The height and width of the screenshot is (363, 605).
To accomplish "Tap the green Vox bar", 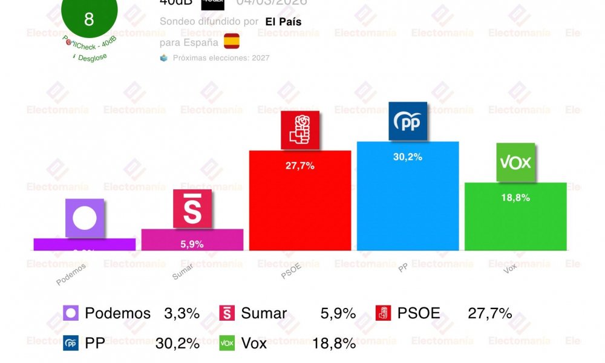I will click(515, 221).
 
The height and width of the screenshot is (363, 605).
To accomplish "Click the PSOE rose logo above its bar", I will click(300, 130).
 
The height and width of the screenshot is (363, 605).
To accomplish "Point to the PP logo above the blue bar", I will click(408, 122).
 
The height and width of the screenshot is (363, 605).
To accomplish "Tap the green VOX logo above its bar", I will click(515, 162).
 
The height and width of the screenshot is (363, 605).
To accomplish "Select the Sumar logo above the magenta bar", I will click(192, 209).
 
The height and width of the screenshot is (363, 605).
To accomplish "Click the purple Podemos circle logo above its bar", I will click(85, 218).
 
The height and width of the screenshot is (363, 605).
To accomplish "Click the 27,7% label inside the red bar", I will click(300, 166).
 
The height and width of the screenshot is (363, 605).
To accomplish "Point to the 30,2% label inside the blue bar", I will click(408, 157).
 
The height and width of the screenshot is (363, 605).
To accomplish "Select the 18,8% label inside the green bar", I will click(515, 198).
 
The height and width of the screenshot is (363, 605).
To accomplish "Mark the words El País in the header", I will click(284, 22).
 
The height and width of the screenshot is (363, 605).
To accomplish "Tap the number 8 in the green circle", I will click(89, 19).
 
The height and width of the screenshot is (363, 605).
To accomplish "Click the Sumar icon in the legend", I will click(226, 313).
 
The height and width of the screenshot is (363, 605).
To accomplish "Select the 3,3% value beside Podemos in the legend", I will click(181, 313).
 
